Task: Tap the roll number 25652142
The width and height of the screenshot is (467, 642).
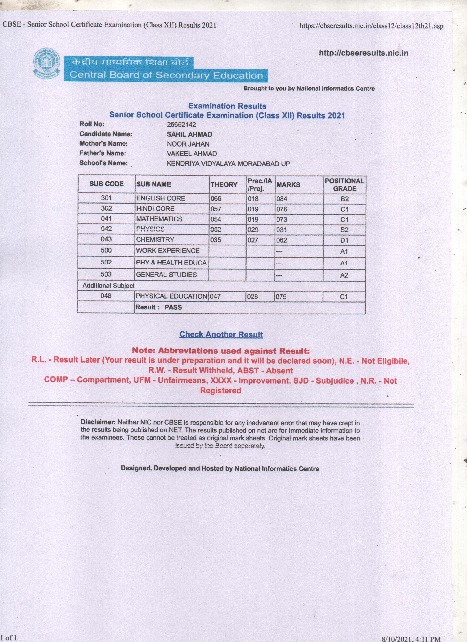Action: (181, 125)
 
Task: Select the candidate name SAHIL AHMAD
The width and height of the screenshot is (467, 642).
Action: (189, 134)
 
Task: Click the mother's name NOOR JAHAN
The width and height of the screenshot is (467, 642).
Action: (188, 144)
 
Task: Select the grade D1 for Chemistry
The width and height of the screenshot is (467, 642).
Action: (344, 240)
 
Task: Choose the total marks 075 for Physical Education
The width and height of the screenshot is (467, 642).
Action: (281, 297)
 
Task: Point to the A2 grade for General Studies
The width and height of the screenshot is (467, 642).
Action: (344, 275)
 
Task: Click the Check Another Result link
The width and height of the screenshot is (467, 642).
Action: (221, 334)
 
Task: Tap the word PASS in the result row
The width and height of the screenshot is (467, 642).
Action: (173, 307)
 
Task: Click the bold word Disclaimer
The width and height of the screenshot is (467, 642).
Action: (98, 422)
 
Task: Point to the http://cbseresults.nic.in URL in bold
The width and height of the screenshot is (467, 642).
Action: (363, 53)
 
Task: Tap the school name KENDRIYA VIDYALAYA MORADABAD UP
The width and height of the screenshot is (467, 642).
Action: (228, 164)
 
